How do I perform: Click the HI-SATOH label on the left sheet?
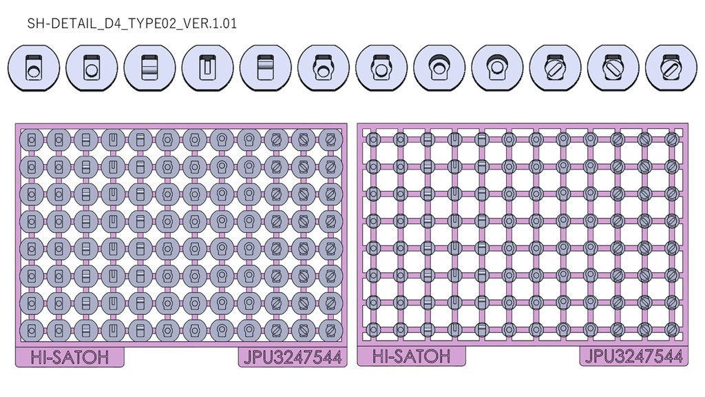[x=70, y=358]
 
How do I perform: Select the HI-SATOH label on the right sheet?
[x=412, y=356]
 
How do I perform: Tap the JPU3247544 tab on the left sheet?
[x=293, y=358]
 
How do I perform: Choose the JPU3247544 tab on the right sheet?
[x=633, y=356]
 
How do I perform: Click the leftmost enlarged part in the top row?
[x=34, y=68]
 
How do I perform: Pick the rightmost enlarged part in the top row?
[x=671, y=68]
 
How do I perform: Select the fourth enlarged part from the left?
[x=208, y=68]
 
